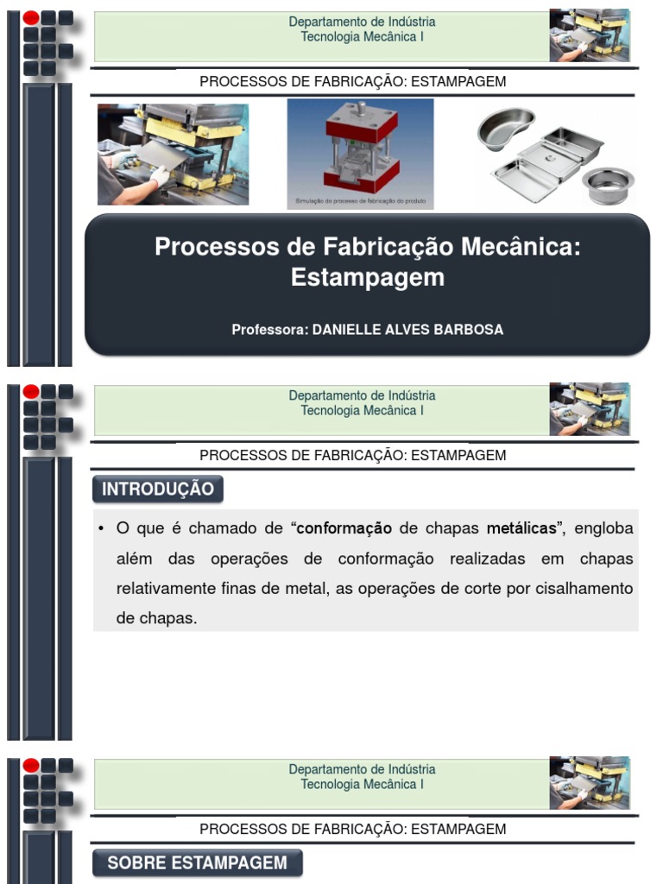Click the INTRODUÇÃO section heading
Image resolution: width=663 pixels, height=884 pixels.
[x=158, y=489]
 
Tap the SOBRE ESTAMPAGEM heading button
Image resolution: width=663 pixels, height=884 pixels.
[x=197, y=863]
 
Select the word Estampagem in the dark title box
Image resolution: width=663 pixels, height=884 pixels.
[x=368, y=277]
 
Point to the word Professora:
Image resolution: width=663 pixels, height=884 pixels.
[x=269, y=330]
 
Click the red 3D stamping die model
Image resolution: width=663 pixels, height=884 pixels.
[x=361, y=147]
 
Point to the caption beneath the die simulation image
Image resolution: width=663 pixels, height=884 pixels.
[x=360, y=200]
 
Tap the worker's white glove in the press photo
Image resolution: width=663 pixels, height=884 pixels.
[x=160, y=176]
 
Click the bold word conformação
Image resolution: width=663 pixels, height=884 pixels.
[x=344, y=528]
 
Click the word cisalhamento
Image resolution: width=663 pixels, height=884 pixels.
[x=587, y=589]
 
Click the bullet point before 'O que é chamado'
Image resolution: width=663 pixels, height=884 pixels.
[x=102, y=528]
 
